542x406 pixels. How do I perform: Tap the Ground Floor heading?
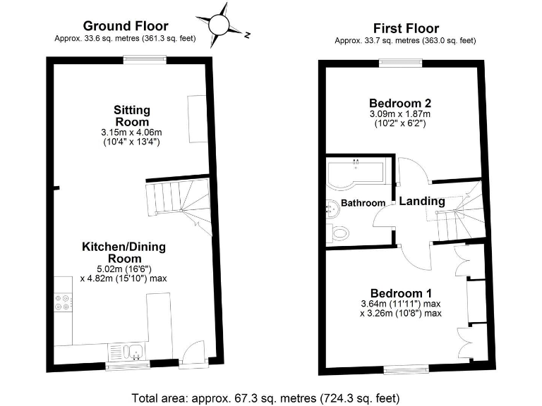(x=126, y=26)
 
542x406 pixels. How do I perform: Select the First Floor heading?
(x=405, y=28)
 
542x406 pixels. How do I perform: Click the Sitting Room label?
(x=132, y=116)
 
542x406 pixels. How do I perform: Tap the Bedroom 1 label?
(x=401, y=293)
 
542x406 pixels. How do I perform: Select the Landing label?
(x=422, y=201)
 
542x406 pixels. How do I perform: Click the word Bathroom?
(x=363, y=203)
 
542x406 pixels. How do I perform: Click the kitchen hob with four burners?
(x=62, y=302)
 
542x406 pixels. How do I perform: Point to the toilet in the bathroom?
(x=337, y=232)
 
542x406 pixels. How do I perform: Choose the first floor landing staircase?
(x=457, y=215)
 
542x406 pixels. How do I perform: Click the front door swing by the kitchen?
(x=192, y=352)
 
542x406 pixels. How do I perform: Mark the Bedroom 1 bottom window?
(x=405, y=369)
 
